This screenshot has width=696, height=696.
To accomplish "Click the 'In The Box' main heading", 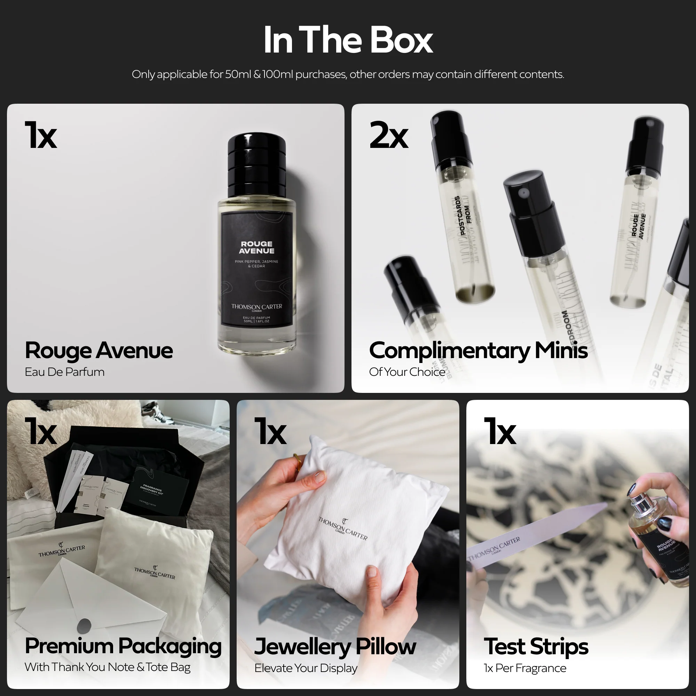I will pyautogui.click(x=348, y=40).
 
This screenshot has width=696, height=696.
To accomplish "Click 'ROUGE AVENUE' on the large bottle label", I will pyautogui.click(x=256, y=247).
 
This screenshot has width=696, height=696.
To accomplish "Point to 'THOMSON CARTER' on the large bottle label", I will pyautogui.click(x=256, y=307).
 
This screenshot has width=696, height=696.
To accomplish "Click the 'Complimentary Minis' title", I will pyautogui.click(x=478, y=350).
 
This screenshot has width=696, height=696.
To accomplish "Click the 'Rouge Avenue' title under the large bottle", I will pyautogui.click(x=99, y=350).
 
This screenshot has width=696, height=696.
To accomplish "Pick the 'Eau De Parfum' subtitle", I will pyautogui.click(x=64, y=372).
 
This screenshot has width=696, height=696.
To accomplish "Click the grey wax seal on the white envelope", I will pyautogui.click(x=84, y=625).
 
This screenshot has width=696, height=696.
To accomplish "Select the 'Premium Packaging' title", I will pyautogui.click(x=123, y=646).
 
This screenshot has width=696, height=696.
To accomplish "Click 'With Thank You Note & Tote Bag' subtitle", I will pyautogui.click(x=107, y=667).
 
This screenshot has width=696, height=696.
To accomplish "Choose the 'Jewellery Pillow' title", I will pyautogui.click(x=335, y=646).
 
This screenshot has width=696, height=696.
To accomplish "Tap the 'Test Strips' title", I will pyautogui.click(x=536, y=646).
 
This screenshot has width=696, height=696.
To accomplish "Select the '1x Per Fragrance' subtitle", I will pyautogui.click(x=525, y=668).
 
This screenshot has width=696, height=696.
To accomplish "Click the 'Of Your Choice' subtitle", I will pyautogui.click(x=407, y=372).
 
